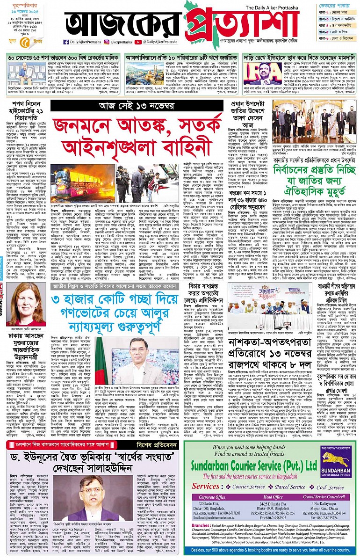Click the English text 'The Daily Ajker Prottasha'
point(272,7)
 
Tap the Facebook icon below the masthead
point(66,42)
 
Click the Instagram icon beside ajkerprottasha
point(106,42)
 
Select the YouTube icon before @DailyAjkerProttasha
point(138,42)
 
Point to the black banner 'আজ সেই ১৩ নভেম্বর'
point(137,106)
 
